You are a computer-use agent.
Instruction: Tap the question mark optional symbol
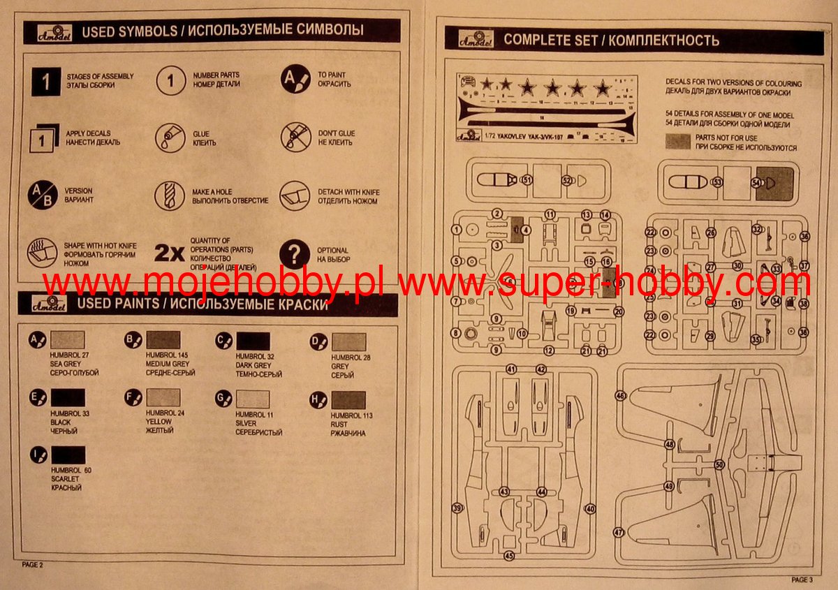click(295, 254)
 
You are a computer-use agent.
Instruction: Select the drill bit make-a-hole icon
click(170, 195)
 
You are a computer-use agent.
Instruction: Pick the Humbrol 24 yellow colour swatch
click(163, 399)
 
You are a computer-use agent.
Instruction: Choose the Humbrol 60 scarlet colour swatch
click(68, 456)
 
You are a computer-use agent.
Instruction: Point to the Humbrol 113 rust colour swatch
click(348, 400)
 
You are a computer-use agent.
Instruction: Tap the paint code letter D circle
click(318, 341)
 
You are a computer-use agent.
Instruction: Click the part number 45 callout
click(509, 556)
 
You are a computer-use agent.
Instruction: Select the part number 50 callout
click(720, 464)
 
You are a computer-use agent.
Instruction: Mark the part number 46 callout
click(619, 395)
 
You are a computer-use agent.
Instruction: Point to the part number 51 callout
click(527, 180)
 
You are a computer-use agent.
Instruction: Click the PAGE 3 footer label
click(802, 580)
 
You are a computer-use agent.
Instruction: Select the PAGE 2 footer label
click(33, 564)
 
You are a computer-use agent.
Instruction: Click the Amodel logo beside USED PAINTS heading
click(50, 306)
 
